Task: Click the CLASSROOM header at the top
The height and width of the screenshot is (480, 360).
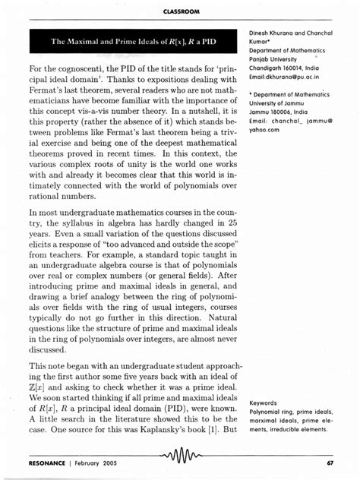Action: [180, 10]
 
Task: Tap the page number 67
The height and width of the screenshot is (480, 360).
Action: [331, 463]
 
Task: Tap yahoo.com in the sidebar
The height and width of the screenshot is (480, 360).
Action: [263, 130]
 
